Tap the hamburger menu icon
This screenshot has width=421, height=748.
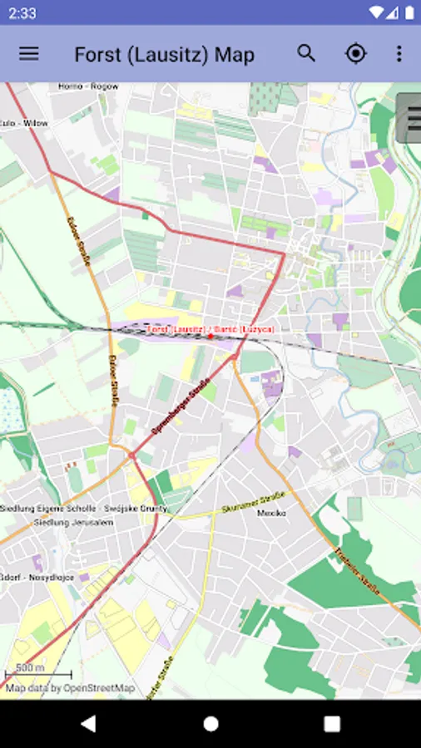[x=29, y=54]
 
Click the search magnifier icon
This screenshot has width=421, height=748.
[x=306, y=53]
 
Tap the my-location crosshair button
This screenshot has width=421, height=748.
[x=355, y=54]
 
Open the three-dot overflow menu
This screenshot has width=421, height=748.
[x=399, y=54]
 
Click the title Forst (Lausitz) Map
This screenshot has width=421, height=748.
[x=164, y=55]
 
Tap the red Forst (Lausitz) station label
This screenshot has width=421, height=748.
[x=210, y=330]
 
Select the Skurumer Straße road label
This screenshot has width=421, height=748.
[x=253, y=502]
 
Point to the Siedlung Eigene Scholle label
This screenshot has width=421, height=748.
[x=83, y=508]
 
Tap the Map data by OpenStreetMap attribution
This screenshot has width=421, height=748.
[x=70, y=688]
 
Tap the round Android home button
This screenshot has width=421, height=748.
[x=210, y=724]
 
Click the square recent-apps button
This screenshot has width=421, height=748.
[x=332, y=724]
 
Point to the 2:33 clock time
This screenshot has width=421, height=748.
[x=23, y=12]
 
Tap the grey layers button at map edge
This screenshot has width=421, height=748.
[x=409, y=119]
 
